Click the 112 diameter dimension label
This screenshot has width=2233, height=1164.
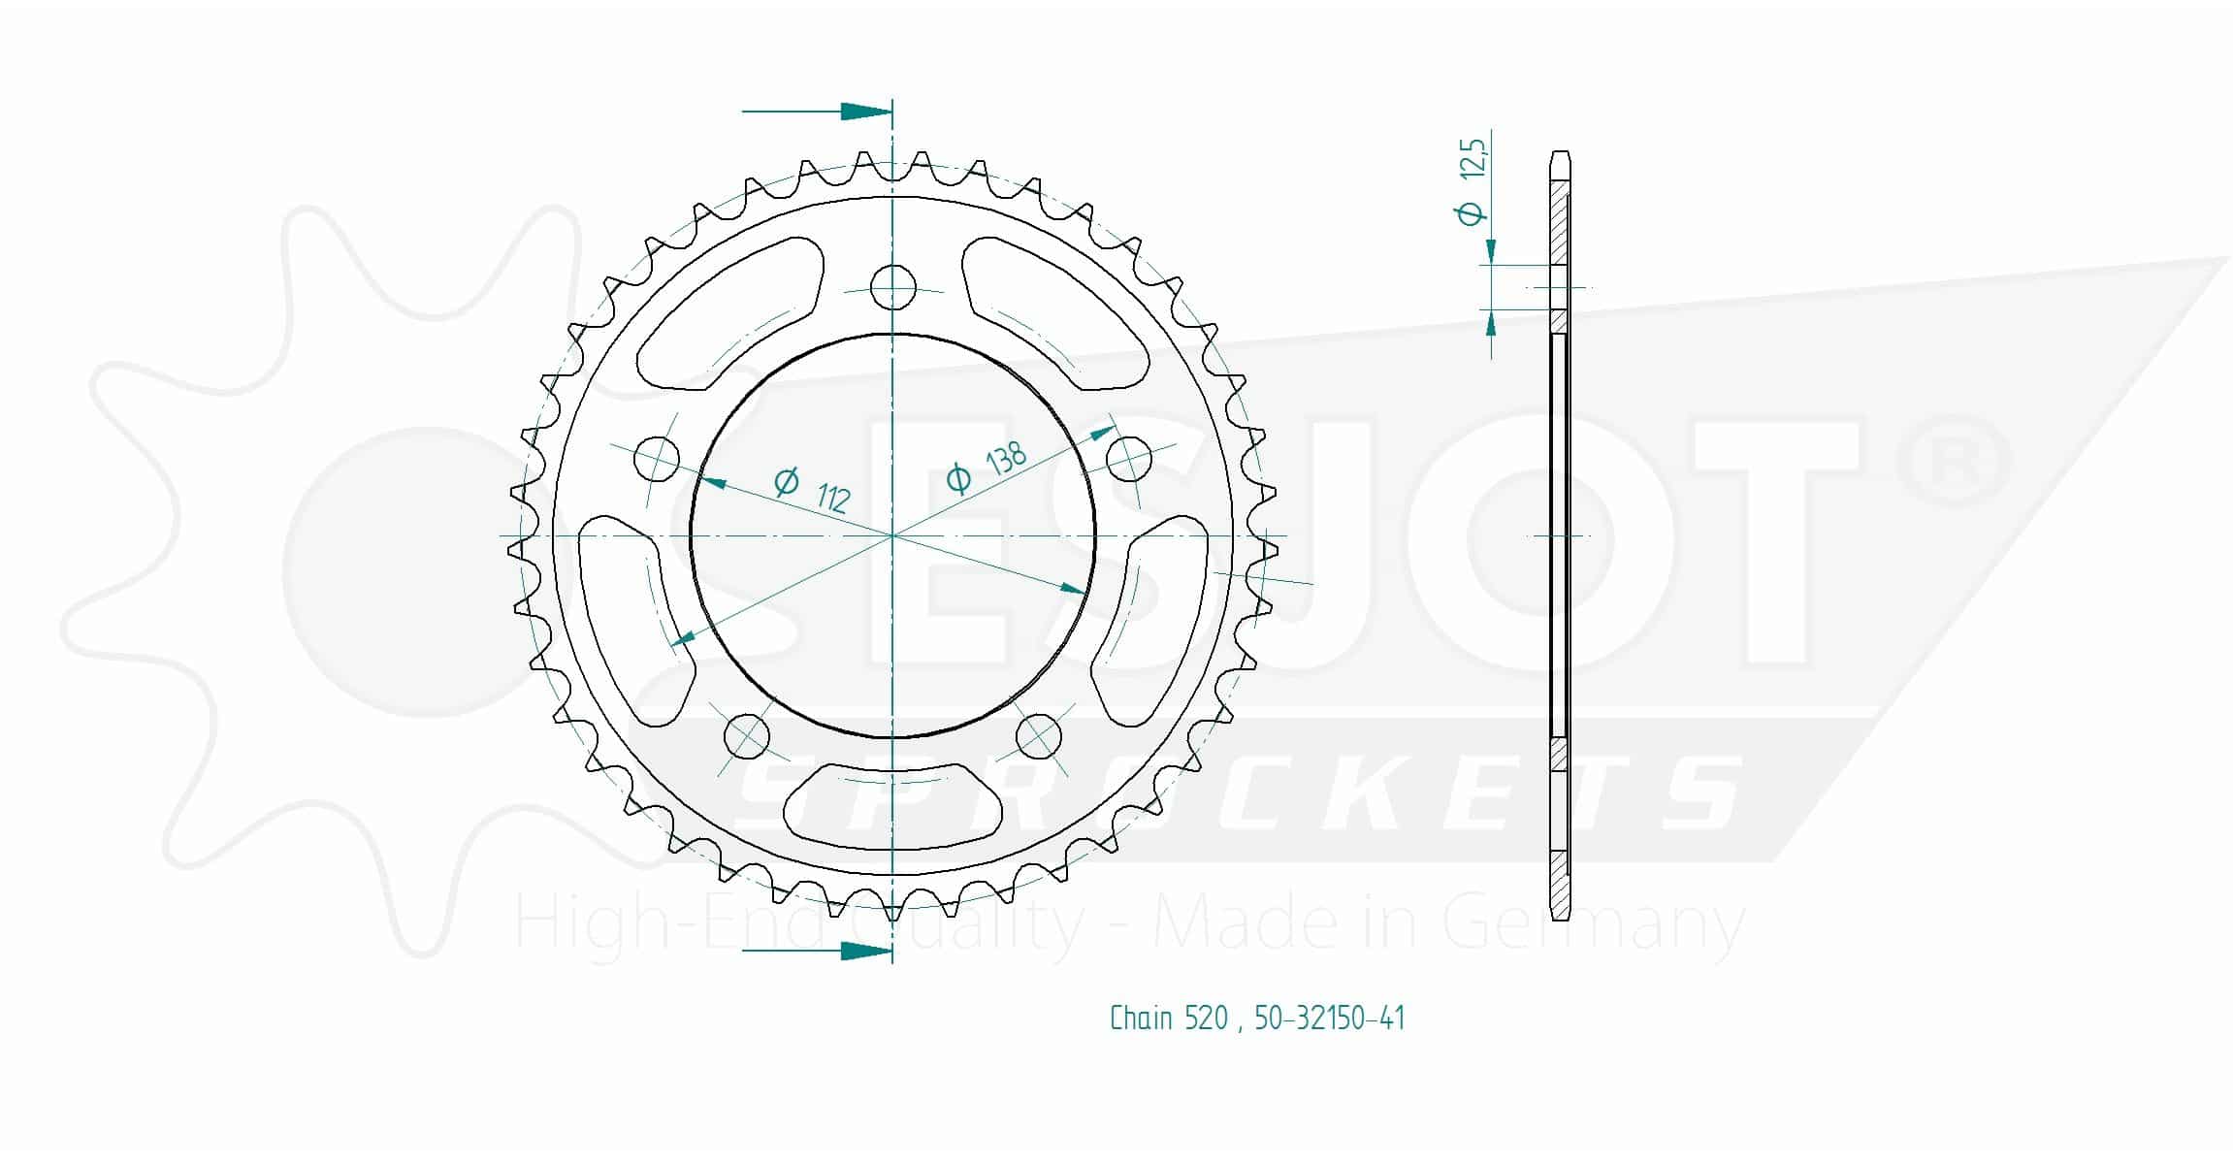tap(813, 488)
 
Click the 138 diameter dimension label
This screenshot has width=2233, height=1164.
tap(986, 467)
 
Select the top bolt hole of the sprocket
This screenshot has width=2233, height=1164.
tap(892, 286)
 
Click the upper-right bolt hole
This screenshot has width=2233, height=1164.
tap(1129, 458)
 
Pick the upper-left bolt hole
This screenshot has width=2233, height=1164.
tap(657, 458)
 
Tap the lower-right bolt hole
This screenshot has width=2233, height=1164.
tap(1038, 736)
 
